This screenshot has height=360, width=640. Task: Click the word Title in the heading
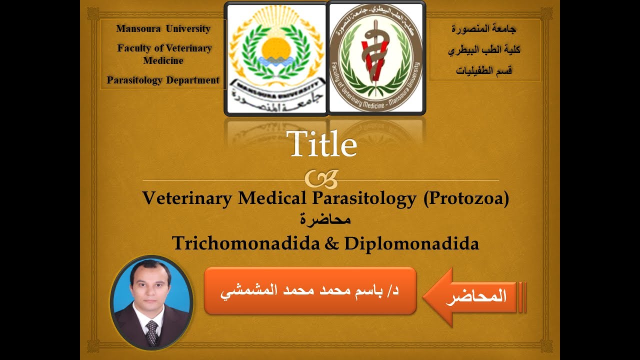click(322, 144)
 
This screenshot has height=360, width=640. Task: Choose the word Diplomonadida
click(411, 243)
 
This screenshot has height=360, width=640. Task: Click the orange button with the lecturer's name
click(310, 291)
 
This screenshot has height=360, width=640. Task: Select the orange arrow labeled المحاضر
click(472, 296)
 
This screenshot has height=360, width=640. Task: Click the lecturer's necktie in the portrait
click(152, 333)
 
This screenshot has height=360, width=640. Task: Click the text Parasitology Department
click(163, 80)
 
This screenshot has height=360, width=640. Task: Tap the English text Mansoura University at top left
click(163, 28)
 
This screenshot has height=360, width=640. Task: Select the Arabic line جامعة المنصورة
click(483, 28)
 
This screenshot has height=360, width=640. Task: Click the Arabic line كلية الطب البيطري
click(483, 49)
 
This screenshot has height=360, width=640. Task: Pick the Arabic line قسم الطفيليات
click(483, 70)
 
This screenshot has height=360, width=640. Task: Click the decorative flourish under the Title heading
click(321, 177)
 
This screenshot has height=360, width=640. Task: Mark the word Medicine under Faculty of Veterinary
click(163, 60)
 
